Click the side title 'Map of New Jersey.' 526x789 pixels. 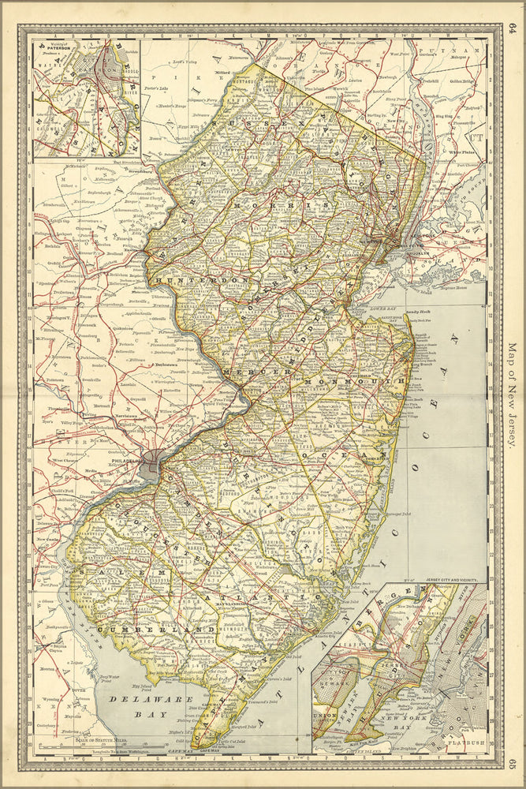(x=511, y=394)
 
